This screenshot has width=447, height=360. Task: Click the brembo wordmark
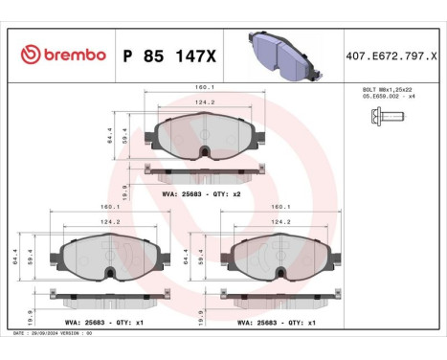[73, 55]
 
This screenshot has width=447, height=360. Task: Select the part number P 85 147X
[169, 56]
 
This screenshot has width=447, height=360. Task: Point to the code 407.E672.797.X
[393, 56]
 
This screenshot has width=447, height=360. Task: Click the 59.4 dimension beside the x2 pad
[124, 138]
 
